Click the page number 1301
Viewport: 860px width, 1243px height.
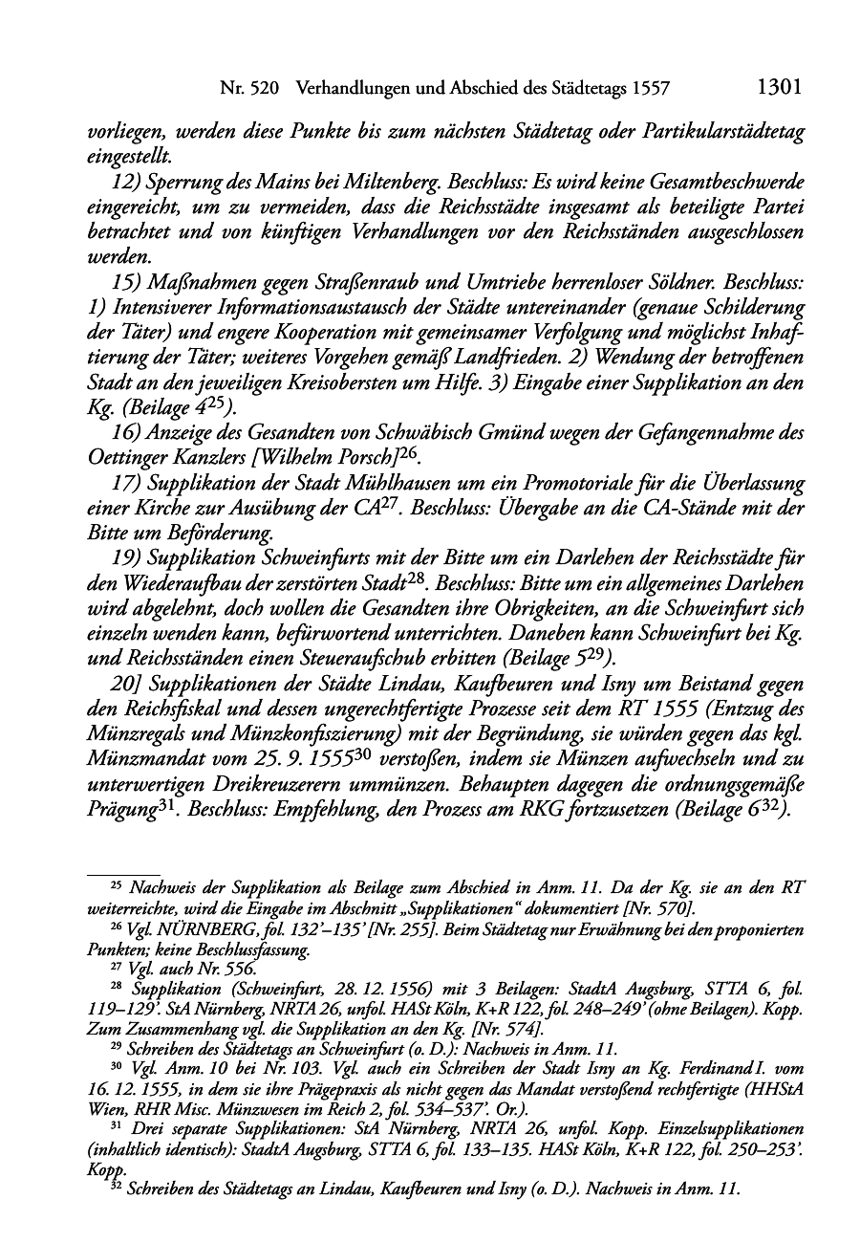[x=777, y=88]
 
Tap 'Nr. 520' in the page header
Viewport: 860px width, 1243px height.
[x=248, y=89]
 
